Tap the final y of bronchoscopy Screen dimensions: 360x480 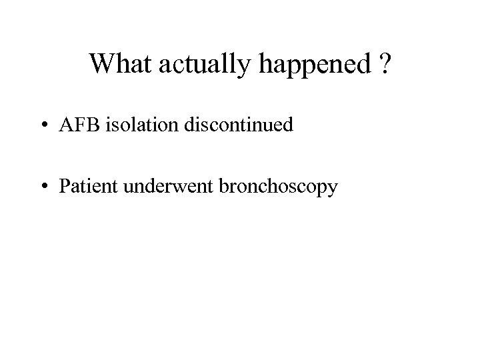tap(333, 189)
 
